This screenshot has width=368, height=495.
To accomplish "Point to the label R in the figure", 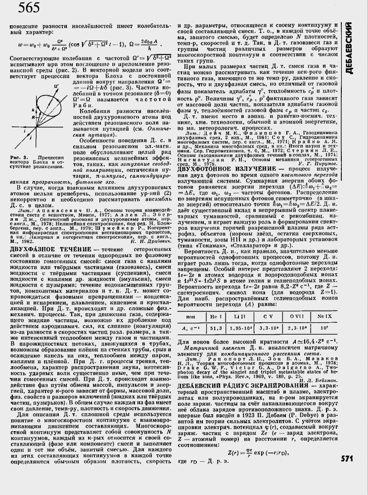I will pos(19,118).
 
